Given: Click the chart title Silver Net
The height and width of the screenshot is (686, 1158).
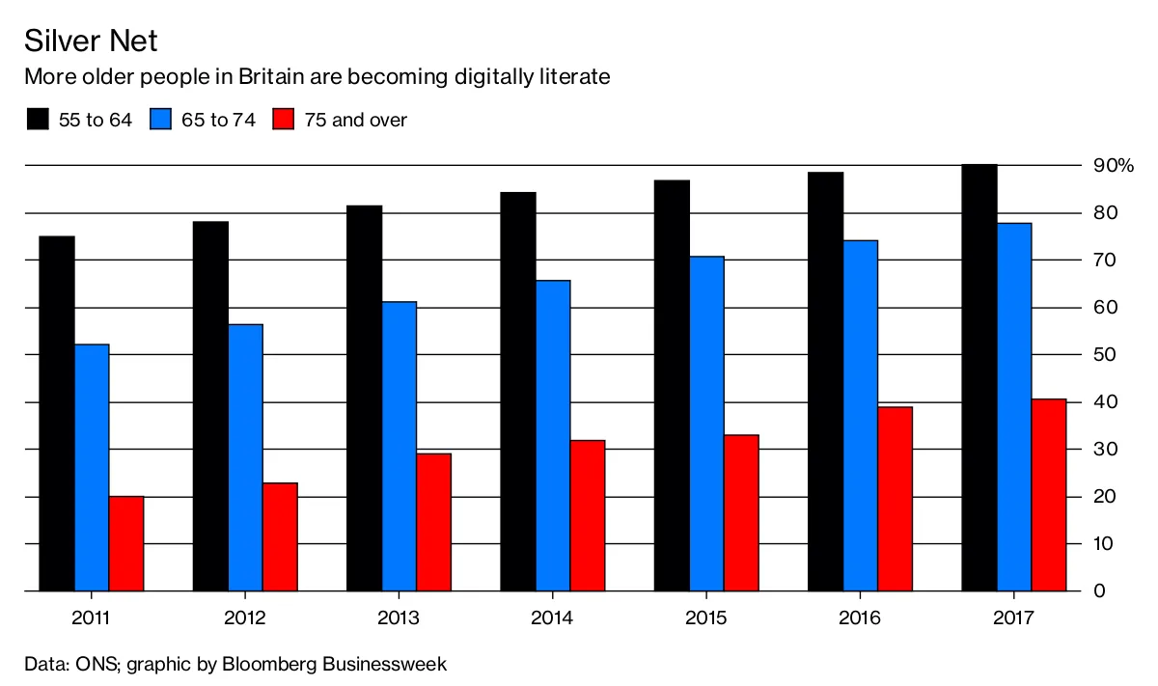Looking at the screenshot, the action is (91, 41).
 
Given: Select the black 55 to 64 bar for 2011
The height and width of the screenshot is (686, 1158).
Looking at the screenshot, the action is (57, 413).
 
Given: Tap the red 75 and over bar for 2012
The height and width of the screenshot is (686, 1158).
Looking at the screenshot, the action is (280, 536).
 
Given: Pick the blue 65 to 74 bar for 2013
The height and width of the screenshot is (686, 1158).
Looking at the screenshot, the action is (400, 446).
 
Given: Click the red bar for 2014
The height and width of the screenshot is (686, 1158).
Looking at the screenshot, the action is (588, 515).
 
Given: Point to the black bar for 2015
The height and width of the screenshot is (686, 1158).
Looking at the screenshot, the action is (672, 385).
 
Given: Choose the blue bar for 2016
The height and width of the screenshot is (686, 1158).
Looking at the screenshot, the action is (861, 416).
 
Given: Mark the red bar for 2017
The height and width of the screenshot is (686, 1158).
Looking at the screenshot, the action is (1049, 495).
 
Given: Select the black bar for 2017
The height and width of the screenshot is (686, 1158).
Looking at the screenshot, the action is (979, 377).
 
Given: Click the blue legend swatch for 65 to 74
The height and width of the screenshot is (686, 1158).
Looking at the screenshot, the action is (160, 119).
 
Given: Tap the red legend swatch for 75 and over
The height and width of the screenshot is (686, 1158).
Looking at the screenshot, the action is (284, 119).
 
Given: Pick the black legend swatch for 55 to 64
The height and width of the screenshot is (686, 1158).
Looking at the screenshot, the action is (38, 119).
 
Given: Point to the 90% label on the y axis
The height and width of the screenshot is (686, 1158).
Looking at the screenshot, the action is (1113, 165).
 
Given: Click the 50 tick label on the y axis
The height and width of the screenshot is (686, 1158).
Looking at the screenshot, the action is (1104, 355).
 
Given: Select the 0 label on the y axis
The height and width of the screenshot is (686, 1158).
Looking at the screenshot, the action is (1099, 590).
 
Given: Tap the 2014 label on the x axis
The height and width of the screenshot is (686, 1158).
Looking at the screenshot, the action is (552, 617).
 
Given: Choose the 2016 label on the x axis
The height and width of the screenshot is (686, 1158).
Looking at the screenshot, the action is (860, 617).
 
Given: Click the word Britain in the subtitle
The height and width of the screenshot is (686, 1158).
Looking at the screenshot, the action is (271, 76).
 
